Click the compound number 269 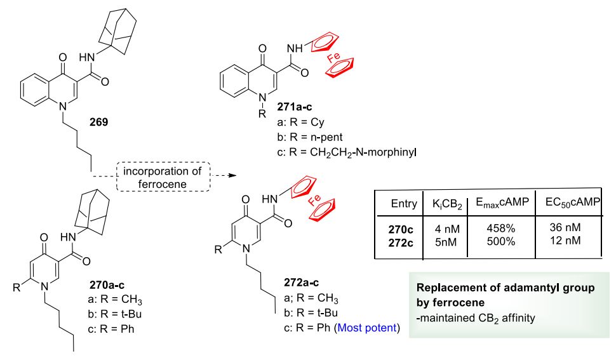point(98,122)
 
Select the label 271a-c point(294,107)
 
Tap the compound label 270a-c point(107,284)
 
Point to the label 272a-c point(301,283)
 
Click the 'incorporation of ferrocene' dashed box point(163,177)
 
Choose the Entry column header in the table point(404,203)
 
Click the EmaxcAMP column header point(502,203)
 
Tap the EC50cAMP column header point(573,203)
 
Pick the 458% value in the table point(501,228)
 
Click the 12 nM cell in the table point(565,240)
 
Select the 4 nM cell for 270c point(447,229)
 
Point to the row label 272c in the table point(401,243)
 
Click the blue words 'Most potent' point(367,328)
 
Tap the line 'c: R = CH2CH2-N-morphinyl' point(347,152)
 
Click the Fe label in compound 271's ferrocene point(333,58)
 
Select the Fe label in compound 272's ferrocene point(314,200)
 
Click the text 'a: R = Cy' point(300,123)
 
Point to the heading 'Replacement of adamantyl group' point(506,288)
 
